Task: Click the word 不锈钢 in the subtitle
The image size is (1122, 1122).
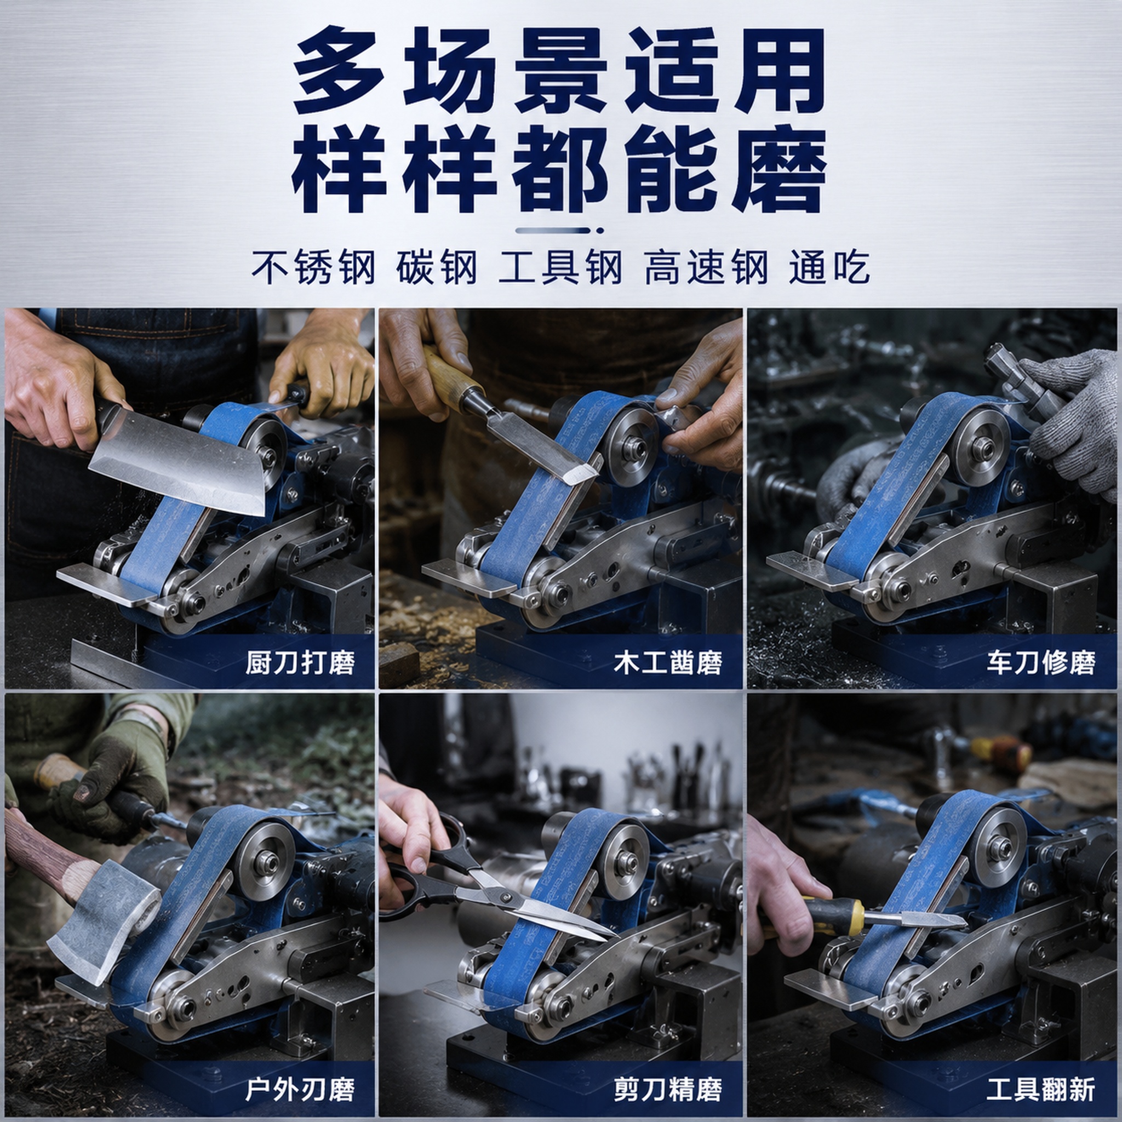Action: point(313,268)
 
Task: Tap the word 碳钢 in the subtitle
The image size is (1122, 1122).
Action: point(437,268)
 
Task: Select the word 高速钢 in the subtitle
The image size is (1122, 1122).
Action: point(706,268)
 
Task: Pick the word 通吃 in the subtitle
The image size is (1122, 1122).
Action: point(829,268)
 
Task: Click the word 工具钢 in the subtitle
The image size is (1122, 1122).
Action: point(560,268)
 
